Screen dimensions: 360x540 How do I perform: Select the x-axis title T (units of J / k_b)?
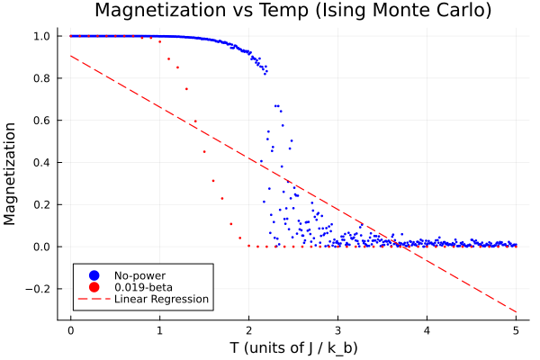click(292, 346)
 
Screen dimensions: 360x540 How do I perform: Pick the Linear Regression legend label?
click(161, 299)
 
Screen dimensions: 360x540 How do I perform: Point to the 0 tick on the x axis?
click(70, 328)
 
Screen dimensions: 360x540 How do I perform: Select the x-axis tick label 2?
click(248, 328)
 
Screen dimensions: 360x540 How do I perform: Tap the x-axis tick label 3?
click(337, 328)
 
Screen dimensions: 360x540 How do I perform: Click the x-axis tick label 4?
click(427, 328)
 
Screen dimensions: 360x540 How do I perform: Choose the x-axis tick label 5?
click(516, 328)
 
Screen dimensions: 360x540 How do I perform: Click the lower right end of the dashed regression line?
click(516, 312)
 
